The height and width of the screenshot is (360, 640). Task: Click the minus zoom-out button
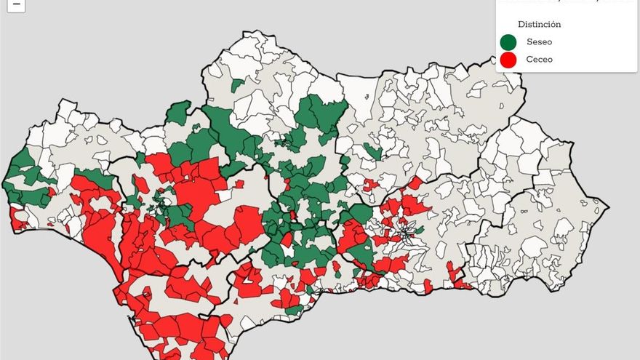(16, 4)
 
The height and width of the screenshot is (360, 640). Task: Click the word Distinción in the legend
(539, 24)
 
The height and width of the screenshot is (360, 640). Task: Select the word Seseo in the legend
(539, 42)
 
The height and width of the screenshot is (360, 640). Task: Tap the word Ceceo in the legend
(539, 60)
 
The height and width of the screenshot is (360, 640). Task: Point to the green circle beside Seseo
(508, 42)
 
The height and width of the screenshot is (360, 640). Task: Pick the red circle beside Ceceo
(508, 60)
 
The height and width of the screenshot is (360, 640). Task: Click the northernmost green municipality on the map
(236, 85)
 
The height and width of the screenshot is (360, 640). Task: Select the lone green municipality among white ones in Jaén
(372, 151)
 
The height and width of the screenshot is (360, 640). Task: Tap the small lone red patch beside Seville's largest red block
(239, 184)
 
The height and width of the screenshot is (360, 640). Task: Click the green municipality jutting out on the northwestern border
(177, 113)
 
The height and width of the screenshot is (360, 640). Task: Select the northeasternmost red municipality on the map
(415, 182)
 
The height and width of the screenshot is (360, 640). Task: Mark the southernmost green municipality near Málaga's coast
(294, 311)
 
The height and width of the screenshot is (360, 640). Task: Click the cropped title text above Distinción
(567, 2)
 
